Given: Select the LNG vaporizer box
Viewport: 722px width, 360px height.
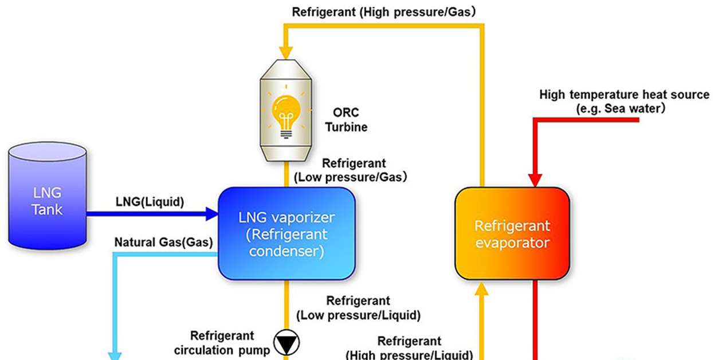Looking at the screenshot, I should point(287,234).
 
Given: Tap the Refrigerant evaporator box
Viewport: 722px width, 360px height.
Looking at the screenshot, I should point(512,234).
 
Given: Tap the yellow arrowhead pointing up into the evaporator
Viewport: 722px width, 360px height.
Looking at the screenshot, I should point(482,289).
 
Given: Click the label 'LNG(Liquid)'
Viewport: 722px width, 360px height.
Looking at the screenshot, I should point(150,202).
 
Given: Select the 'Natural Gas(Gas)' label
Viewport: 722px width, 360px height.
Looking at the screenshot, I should point(163,242).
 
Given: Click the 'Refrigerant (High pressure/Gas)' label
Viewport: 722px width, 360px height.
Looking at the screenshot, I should point(384,11).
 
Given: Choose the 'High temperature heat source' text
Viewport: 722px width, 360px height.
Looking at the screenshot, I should point(624,95).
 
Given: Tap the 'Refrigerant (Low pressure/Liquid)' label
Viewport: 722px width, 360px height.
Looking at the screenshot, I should point(358,308).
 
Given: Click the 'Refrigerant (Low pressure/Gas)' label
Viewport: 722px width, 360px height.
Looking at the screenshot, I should point(351,170).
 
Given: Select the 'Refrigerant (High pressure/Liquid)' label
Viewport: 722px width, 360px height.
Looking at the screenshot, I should point(409,348).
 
